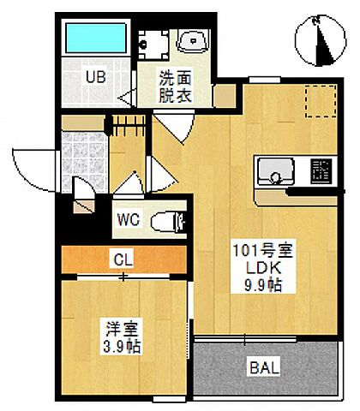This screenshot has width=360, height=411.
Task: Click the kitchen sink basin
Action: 274,171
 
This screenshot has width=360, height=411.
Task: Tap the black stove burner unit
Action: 320,170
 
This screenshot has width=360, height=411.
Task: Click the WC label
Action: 130,220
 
